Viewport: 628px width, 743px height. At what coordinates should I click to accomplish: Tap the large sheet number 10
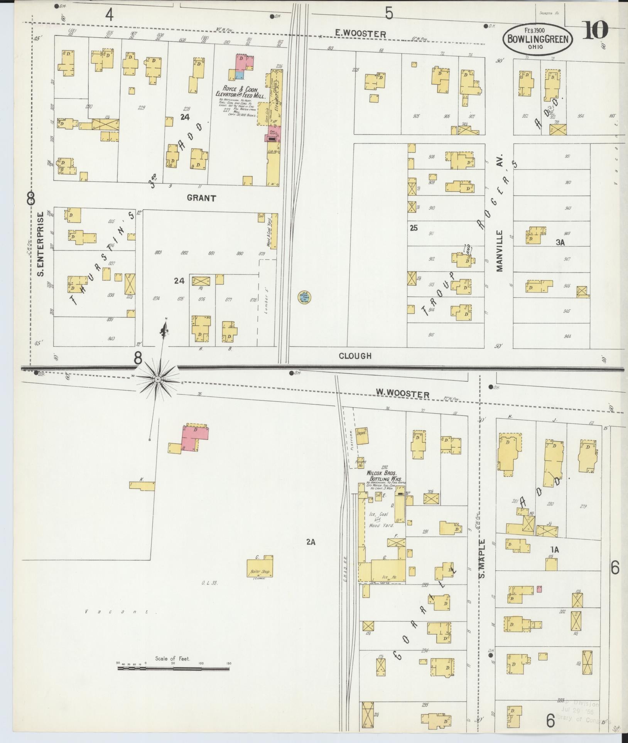click(595, 30)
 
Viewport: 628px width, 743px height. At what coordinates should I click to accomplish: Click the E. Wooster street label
click(360, 34)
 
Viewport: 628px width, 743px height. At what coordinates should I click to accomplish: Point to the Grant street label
click(201, 198)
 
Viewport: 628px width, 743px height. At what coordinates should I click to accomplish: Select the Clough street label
click(355, 356)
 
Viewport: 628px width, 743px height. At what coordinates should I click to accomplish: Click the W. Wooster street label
click(403, 394)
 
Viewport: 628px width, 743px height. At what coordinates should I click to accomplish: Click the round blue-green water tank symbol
click(304, 296)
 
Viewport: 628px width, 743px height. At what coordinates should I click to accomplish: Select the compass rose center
click(157, 380)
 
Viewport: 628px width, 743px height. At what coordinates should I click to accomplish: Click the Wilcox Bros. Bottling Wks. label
click(382, 475)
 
